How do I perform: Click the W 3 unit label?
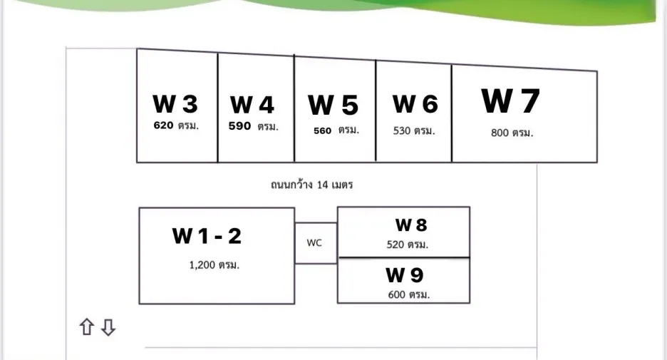click(175, 104)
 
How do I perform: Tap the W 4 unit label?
click(252, 105)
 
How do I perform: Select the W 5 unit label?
click(333, 105)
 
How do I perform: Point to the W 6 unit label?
click(415, 104)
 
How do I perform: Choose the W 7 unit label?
click(510, 101)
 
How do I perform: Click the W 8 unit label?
click(411, 225)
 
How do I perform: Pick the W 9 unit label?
click(405, 275)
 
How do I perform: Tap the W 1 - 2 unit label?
click(207, 236)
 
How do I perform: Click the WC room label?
click(314, 243)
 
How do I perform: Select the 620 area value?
click(163, 125)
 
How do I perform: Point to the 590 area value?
click(239, 126)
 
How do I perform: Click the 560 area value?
click(322, 131)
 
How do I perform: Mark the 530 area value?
click(402, 130)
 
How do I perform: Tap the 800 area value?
click(500, 133)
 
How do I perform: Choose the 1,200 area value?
click(202, 265)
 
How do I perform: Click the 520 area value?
click(395, 245)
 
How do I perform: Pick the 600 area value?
click(396, 294)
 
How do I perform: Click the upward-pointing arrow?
click(87, 326)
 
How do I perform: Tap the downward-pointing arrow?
click(108, 328)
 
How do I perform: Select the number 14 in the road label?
click(322, 185)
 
